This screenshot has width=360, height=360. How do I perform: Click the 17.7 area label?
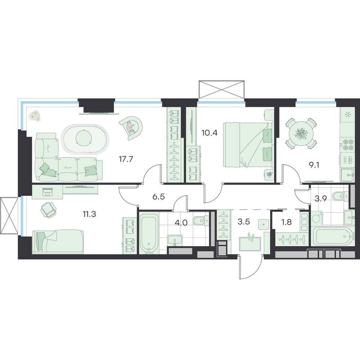click(126, 159)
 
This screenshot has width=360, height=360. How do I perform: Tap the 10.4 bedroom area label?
click(209, 132)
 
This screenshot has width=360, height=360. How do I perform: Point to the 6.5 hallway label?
click(159, 197)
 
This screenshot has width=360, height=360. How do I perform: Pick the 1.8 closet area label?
click(287, 222)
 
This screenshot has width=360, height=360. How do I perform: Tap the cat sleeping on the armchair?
click(130, 128)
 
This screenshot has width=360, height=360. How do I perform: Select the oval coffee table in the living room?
click(84, 139)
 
